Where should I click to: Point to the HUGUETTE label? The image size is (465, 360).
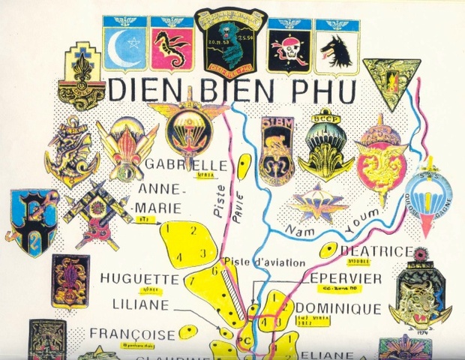(147, 279)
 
